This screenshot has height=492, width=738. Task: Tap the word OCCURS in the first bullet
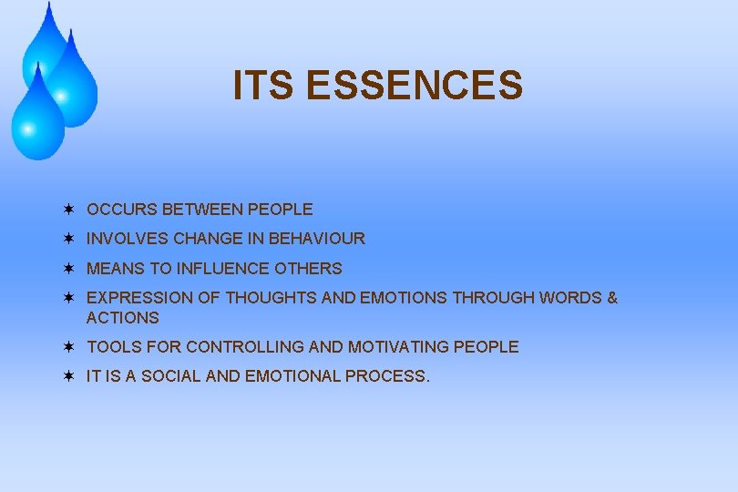tap(122, 210)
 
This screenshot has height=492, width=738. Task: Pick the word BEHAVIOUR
tap(316, 239)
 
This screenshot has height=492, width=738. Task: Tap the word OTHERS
tap(313, 269)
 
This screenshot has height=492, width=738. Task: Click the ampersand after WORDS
tap(611, 298)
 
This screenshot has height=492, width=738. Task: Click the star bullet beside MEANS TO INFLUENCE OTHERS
tap(68, 268)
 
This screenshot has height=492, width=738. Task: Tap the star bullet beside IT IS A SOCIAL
tap(68, 375)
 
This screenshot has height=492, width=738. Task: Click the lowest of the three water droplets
tap(36, 118)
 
